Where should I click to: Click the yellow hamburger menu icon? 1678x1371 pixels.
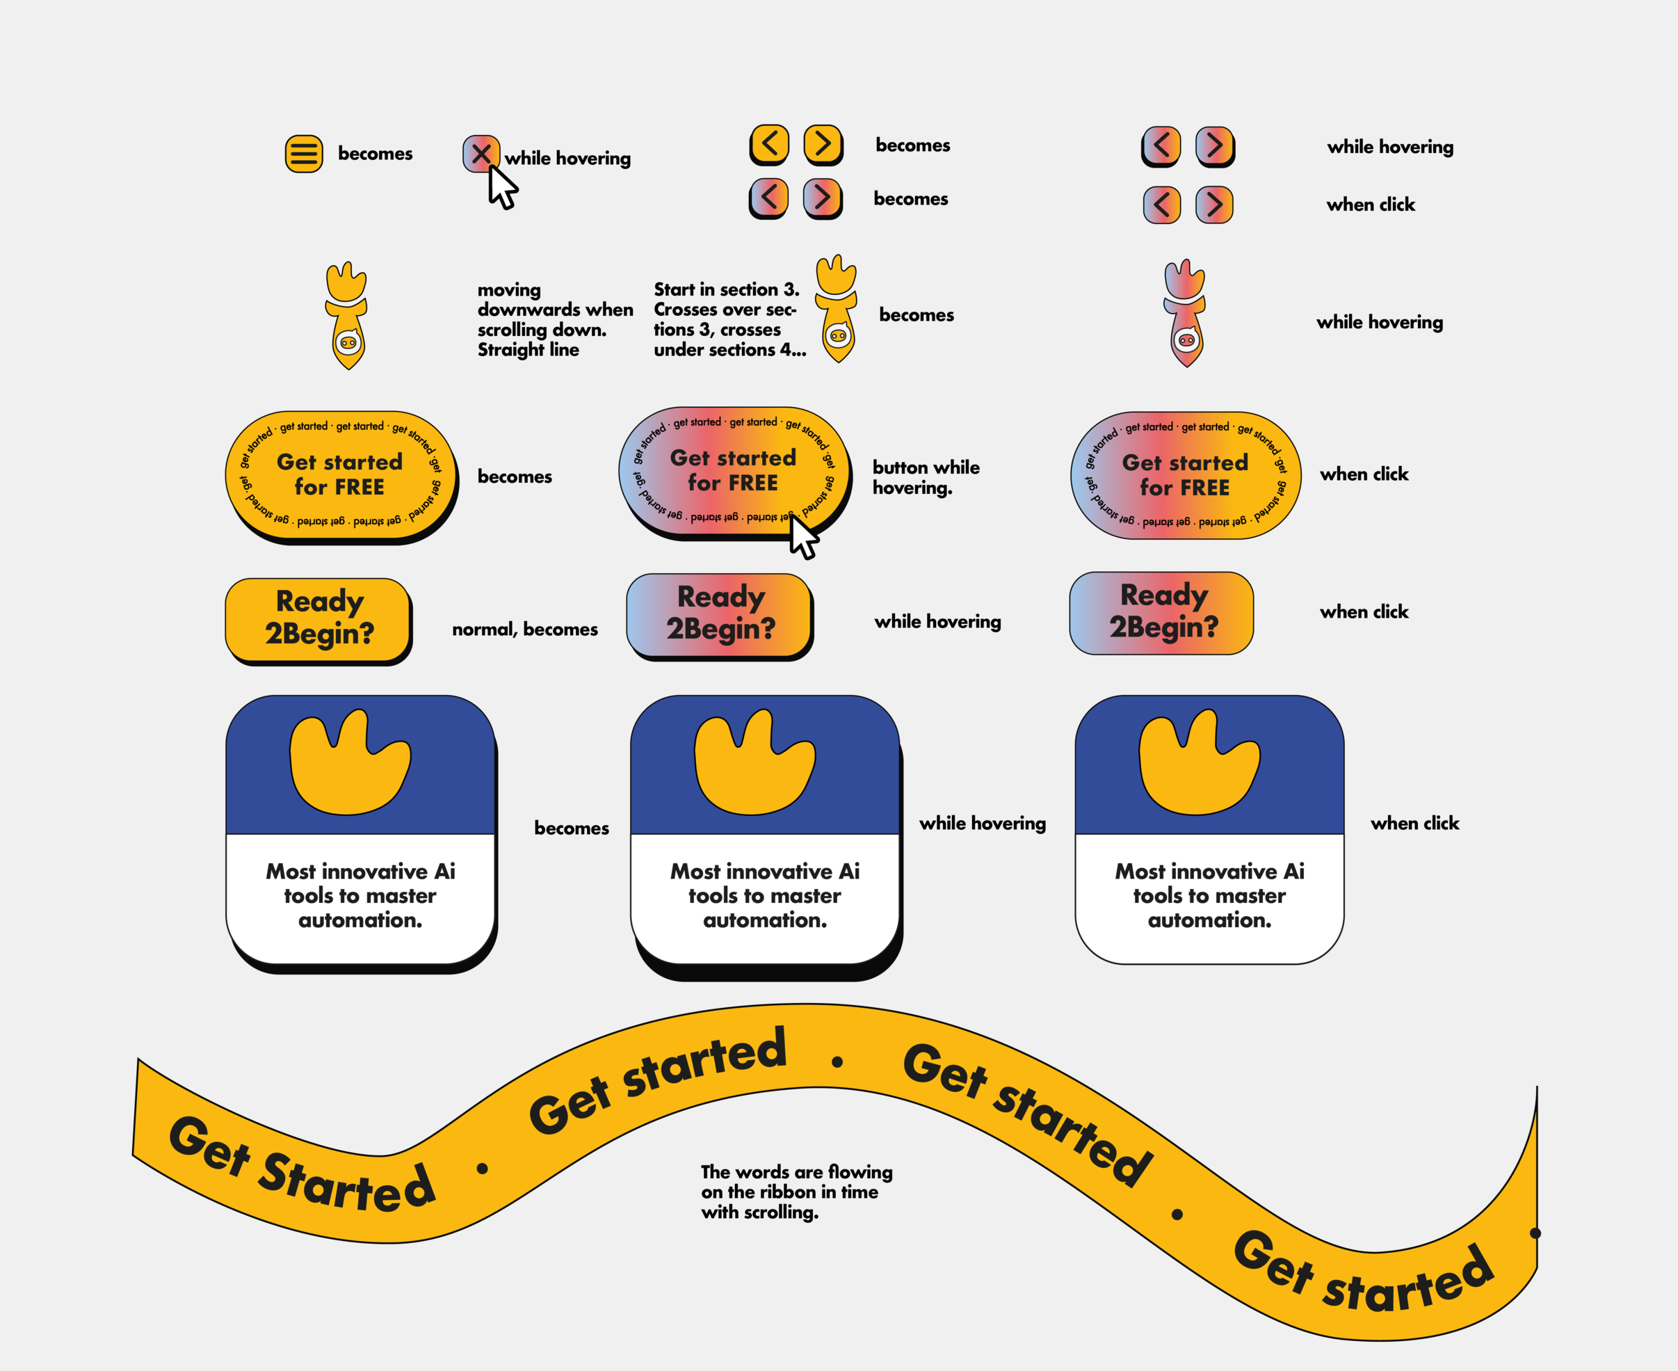coord(304,154)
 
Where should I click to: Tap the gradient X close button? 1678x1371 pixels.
coord(481,153)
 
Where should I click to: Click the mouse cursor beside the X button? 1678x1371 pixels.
coord(501,189)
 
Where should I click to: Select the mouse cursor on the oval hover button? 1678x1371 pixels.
coord(804,538)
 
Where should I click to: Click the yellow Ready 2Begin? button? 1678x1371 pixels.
coord(318,618)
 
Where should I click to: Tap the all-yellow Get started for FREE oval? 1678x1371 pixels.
coord(339,474)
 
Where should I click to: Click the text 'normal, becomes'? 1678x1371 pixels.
coord(524,630)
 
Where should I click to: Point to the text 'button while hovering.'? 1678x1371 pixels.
coord(926,477)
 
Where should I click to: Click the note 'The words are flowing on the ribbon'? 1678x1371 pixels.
coord(796,1192)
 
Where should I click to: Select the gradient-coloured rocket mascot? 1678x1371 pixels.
coord(1184,314)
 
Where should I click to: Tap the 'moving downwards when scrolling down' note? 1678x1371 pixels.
coord(554,319)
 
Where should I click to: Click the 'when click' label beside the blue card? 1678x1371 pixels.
coord(1414,823)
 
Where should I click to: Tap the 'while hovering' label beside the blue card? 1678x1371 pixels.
coord(983,823)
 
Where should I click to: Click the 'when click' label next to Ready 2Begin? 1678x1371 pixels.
coord(1364,611)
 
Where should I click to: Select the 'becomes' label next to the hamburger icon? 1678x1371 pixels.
coord(375,153)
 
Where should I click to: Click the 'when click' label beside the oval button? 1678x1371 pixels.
coord(1364,474)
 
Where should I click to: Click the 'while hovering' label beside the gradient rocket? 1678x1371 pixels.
coord(1380,322)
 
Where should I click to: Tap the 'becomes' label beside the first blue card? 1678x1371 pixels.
coord(571,828)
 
